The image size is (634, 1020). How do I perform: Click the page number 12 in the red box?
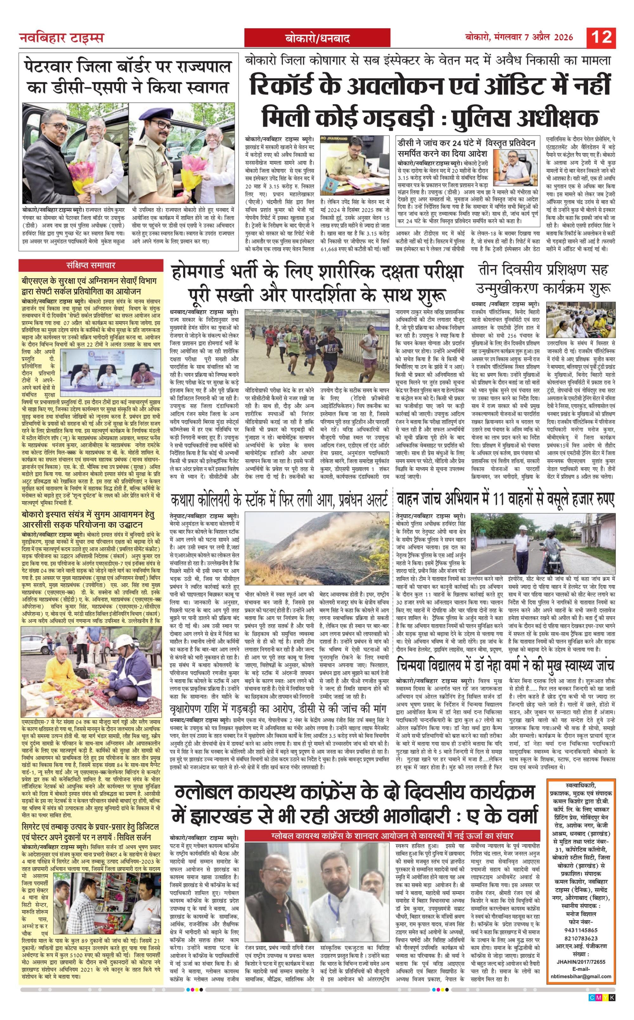601,37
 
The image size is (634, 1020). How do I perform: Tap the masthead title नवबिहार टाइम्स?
61,38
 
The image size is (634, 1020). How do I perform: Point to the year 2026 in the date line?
563,37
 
